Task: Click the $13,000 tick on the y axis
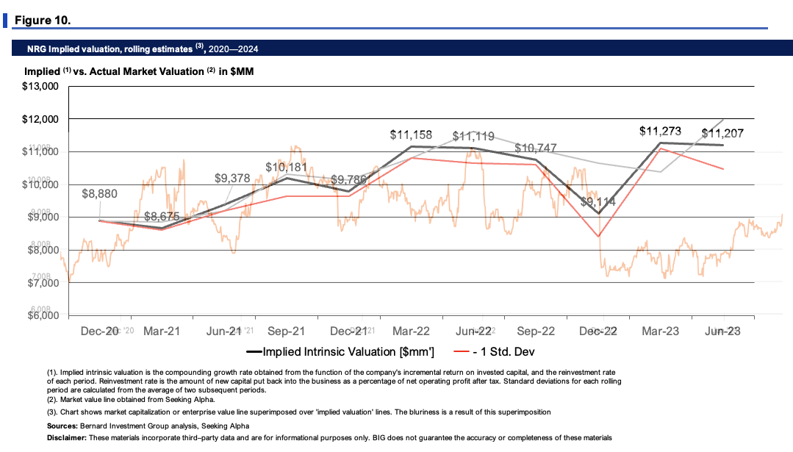click(37, 87)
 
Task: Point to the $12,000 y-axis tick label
click(37, 119)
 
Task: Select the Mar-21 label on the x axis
click(162, 331)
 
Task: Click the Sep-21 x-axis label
click(287, 331)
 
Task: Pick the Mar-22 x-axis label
click(412, 331)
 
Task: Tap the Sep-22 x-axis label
click(536, 331)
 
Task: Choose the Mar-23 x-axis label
click(661, 331)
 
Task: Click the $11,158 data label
click(411, 135)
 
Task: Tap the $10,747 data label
click(537, 148)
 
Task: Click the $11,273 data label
click(661, 132)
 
